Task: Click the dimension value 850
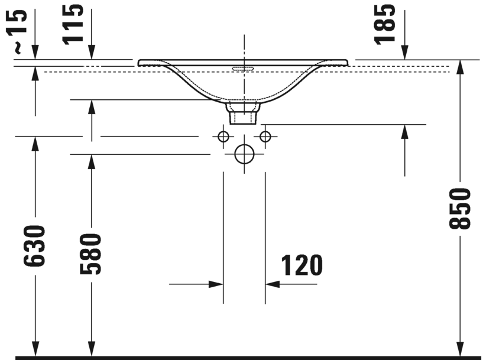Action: [459, 209]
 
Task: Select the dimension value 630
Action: [34, 246]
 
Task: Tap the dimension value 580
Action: [90, 254]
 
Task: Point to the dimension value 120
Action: [302, 265]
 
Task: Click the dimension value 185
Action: [384, 25]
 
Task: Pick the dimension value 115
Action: [73, 25]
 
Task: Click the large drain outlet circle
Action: [244, 154]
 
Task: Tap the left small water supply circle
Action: [223, 137]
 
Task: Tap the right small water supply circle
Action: [265, 137]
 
